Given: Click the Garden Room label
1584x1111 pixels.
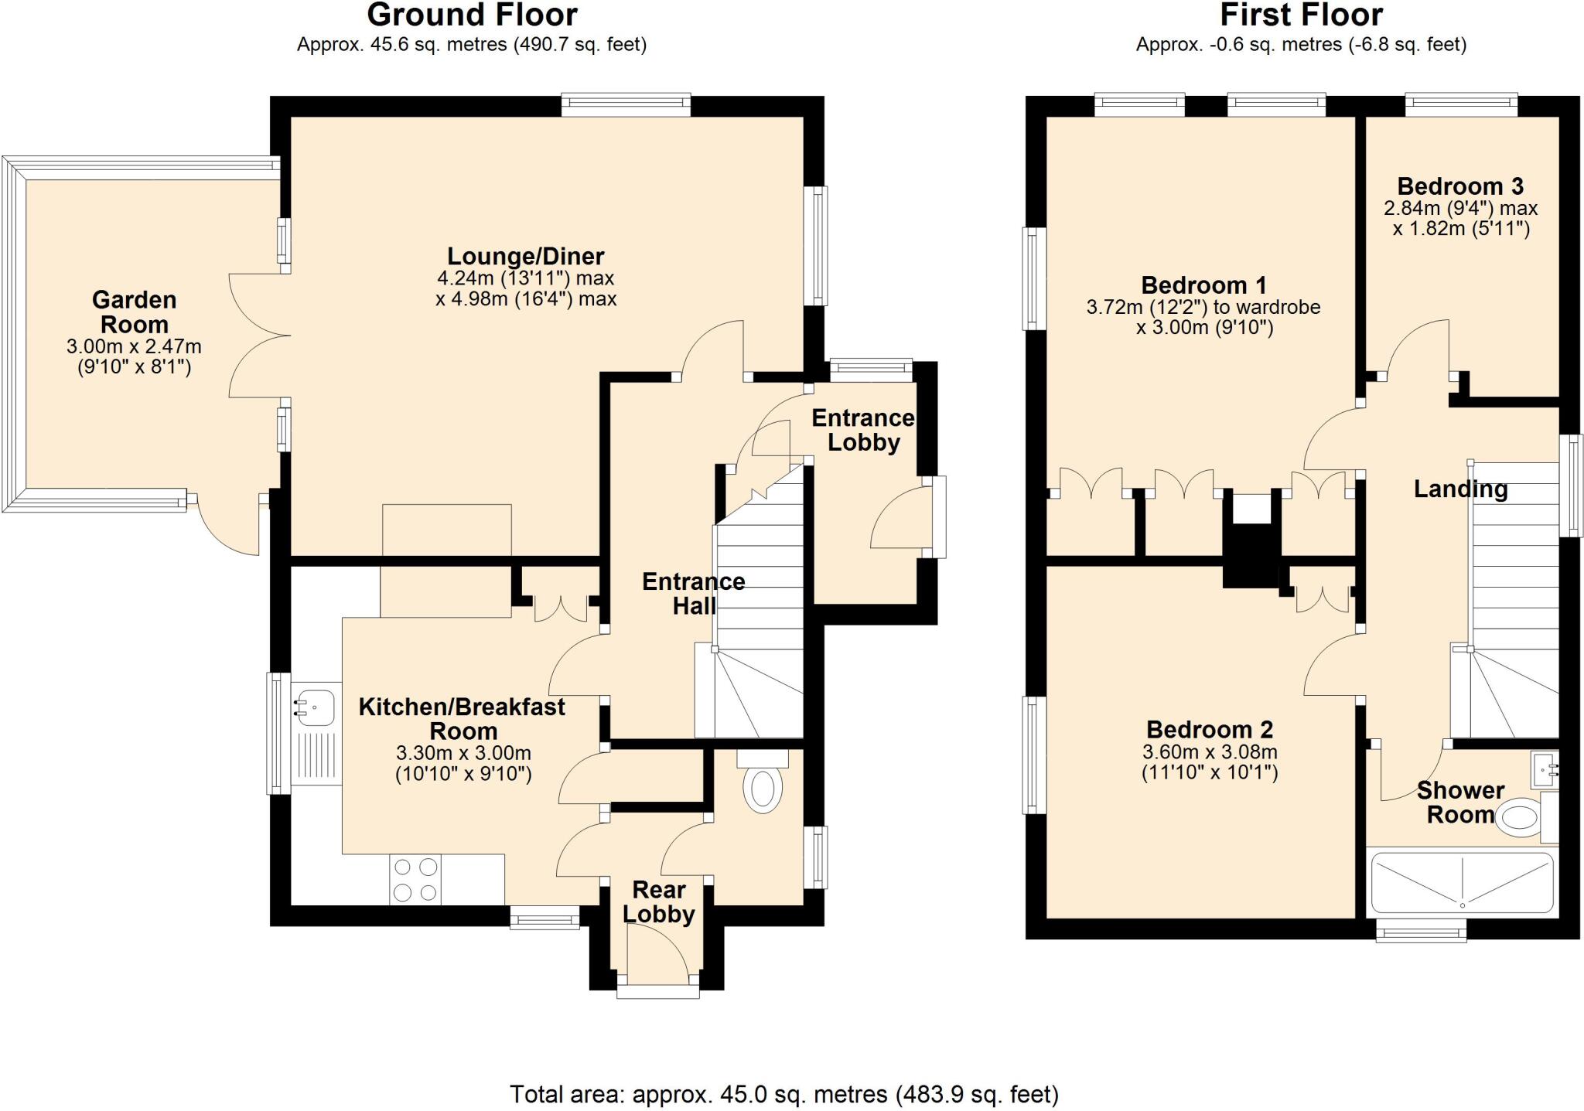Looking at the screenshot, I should tap(134, 312).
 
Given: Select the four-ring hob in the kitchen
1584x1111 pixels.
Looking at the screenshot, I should tap(415, 879).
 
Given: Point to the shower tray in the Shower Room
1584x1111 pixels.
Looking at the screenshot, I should tap(1462, 882).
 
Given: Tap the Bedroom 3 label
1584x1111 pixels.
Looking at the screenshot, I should tap(1460, 186).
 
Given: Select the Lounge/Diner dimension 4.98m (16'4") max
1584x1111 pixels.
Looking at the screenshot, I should tap(526, 298).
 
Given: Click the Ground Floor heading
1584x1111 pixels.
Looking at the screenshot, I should tap(472, 15).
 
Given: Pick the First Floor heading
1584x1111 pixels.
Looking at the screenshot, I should tap(1302, 15).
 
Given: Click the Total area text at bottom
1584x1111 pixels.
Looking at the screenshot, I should tap(783, 1094).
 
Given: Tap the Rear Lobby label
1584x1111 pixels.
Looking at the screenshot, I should tap(659, 901).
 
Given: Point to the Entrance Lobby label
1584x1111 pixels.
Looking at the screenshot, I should tap(862, 430).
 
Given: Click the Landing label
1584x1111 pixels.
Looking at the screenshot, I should tap(1460, 489).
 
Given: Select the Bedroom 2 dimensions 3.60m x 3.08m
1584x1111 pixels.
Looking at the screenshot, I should tap(1210, 751).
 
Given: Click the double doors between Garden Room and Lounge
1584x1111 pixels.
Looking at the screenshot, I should tap(259, 335).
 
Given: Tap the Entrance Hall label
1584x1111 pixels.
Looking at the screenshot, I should tap(693, 593).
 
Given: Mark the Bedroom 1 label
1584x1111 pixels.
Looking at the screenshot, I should tap(1203, 285).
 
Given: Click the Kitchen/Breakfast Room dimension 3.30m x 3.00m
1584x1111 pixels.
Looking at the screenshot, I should tap(463, 753).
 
